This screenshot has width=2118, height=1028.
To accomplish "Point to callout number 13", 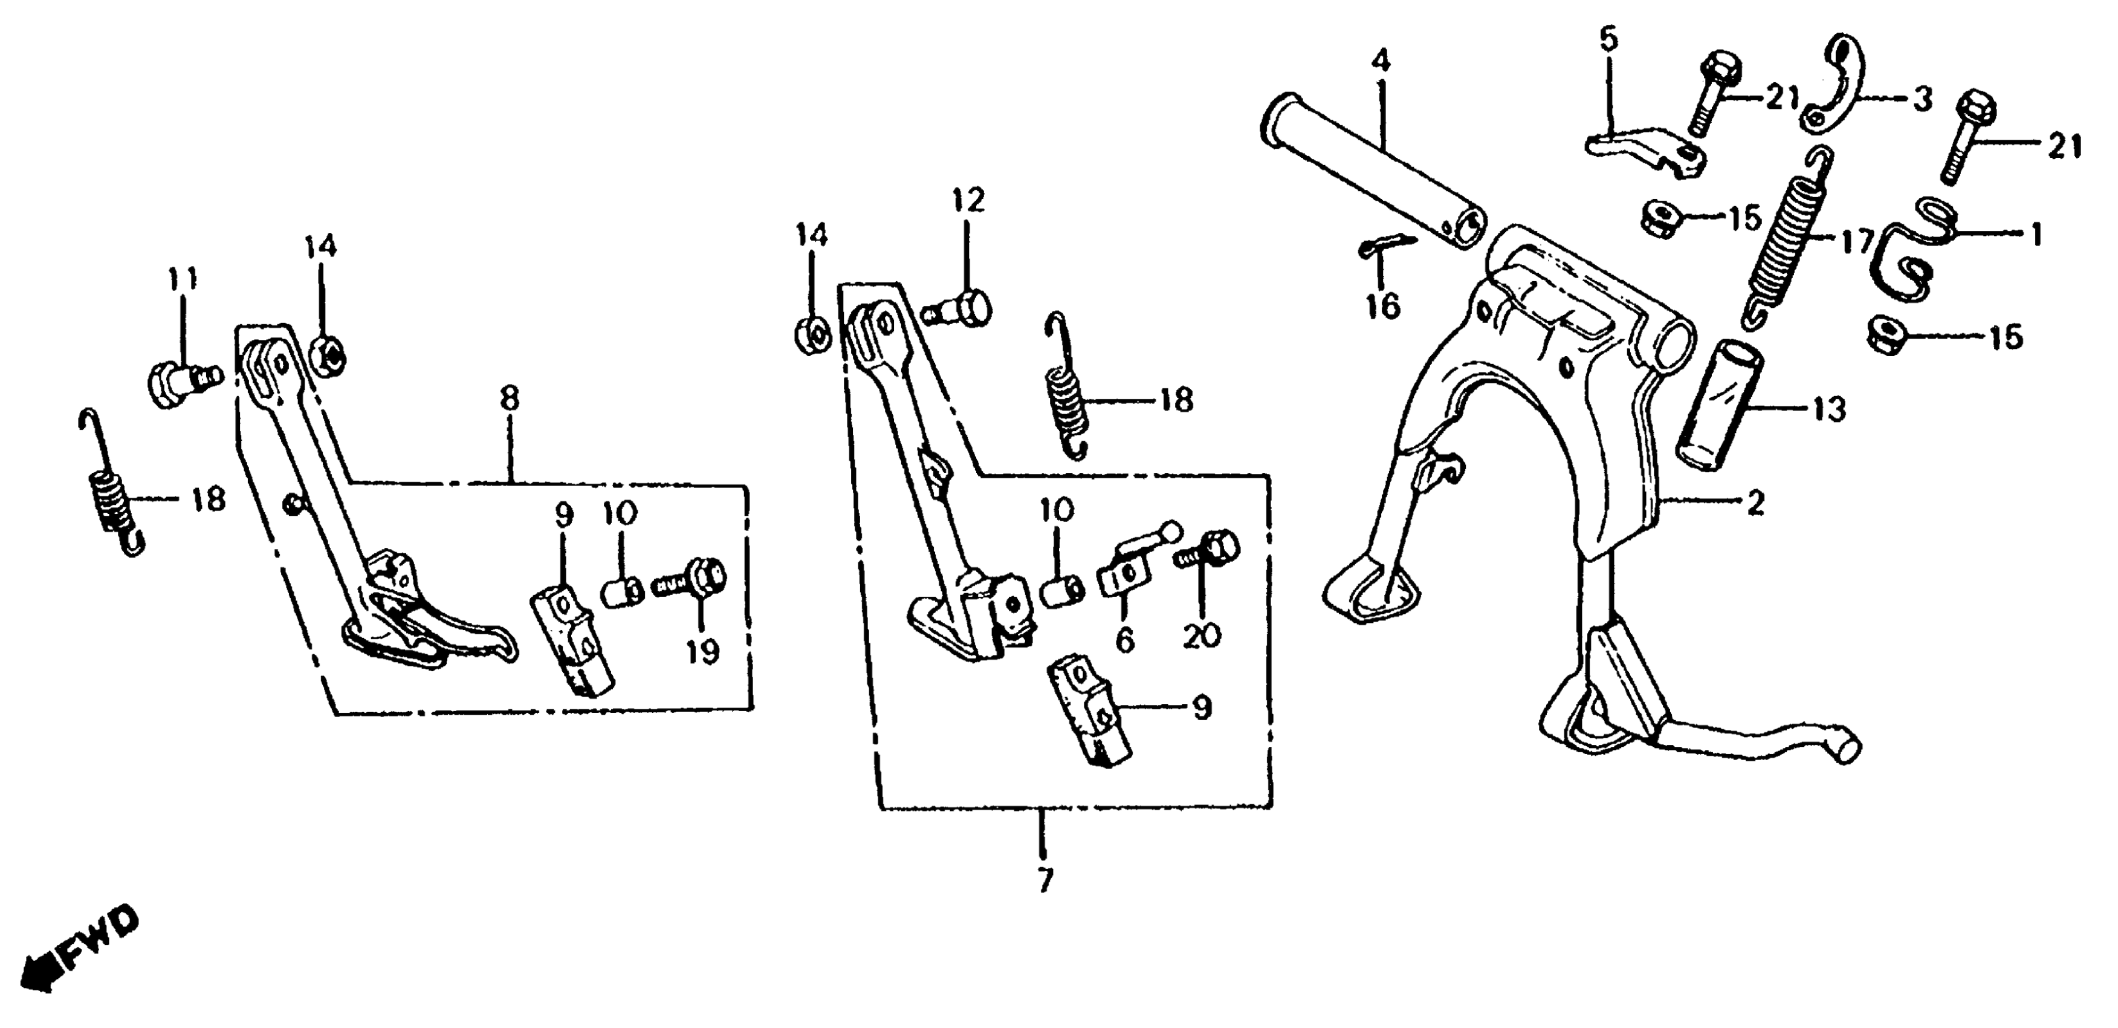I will coord(1830,409).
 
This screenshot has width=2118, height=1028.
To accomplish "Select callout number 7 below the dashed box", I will coord(1044,880).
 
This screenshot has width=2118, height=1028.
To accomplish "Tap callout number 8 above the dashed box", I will coord(510,400).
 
